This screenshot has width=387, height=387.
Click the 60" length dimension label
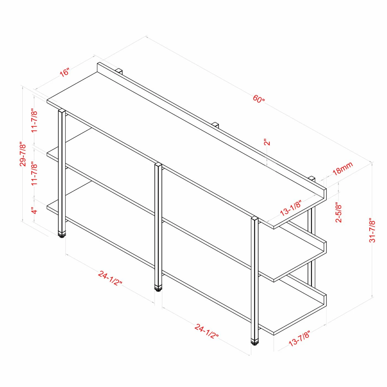pyautogui.click(x=259, y=99)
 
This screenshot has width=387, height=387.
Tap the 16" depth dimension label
pyautogui.click(x=64, y=72)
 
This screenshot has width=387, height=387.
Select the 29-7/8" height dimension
pyautogui.click(x=23, y=154)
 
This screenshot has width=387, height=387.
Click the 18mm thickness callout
pyautogui.click(x=342, y=168)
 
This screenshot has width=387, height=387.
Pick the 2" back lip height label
pyautogui.click(x=267, y=142)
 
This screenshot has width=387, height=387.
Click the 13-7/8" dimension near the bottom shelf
pyautogui.click(x=299, y=338)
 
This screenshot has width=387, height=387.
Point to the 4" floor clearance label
pyautogui.click(x=34, y=211)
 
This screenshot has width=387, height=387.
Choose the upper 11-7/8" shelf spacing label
pyautogui.click(x=34, y=121)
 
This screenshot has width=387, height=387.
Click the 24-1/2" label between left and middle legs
pyautogui.click(x=110, y=278)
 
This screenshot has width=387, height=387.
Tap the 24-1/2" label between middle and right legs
pyautogui.click(x=206, y=331)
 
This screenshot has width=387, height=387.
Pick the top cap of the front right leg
pyautogui.click(x=255, y=219)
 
